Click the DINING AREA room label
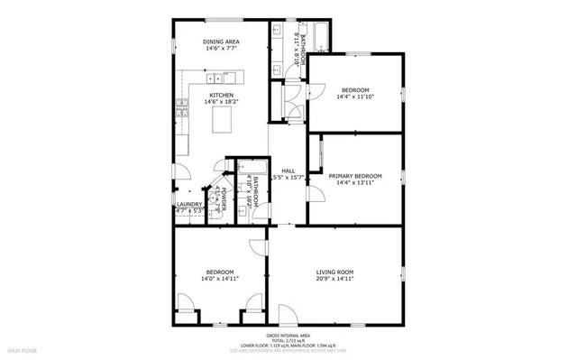pyautogui.click(x=221, y=42)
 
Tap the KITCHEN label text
pyautogui.click(x=221, y=95)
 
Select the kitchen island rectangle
pyautogui.click(x=222, y=119)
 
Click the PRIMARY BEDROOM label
pyautogui.click(x=354, y=176)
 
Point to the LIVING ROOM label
pyautogui.click(x=334, y=272)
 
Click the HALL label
pyautogui.click(x=288, y=171)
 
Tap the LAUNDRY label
pyautogui.click(x=188, y=204)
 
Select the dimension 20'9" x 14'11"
pyautogui.click(x=334, y=280)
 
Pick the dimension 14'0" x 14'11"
pyautogui.click(x=220, y=280)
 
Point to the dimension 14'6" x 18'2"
pyautogui.click(x=221, y=102)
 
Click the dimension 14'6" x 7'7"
pyautogui.click(x=221, y=49)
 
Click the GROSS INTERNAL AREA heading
pyautogui.click(x=288, y=335)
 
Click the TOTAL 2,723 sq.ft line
pyautogui.click(x=288, y=340)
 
